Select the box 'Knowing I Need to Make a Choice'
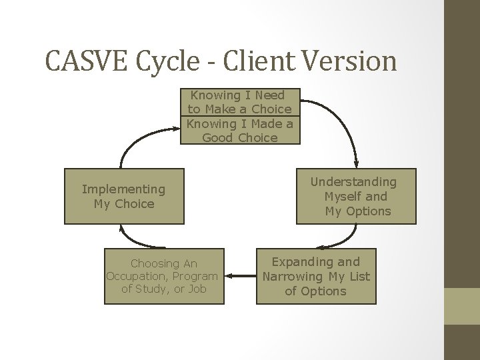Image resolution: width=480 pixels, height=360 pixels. click(x=240, y=102)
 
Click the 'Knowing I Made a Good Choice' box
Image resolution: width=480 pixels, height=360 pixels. click(x=240, y=131)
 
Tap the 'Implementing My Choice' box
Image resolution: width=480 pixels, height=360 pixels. click(x=123, y=197)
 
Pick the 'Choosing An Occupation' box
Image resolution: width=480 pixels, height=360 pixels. click(x=164, y=276)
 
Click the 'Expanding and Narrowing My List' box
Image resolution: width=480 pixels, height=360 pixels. click(x=315, y=276)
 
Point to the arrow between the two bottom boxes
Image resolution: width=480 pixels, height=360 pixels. click(x=240, y=275)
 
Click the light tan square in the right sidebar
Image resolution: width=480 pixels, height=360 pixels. click(x=462, y=306)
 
